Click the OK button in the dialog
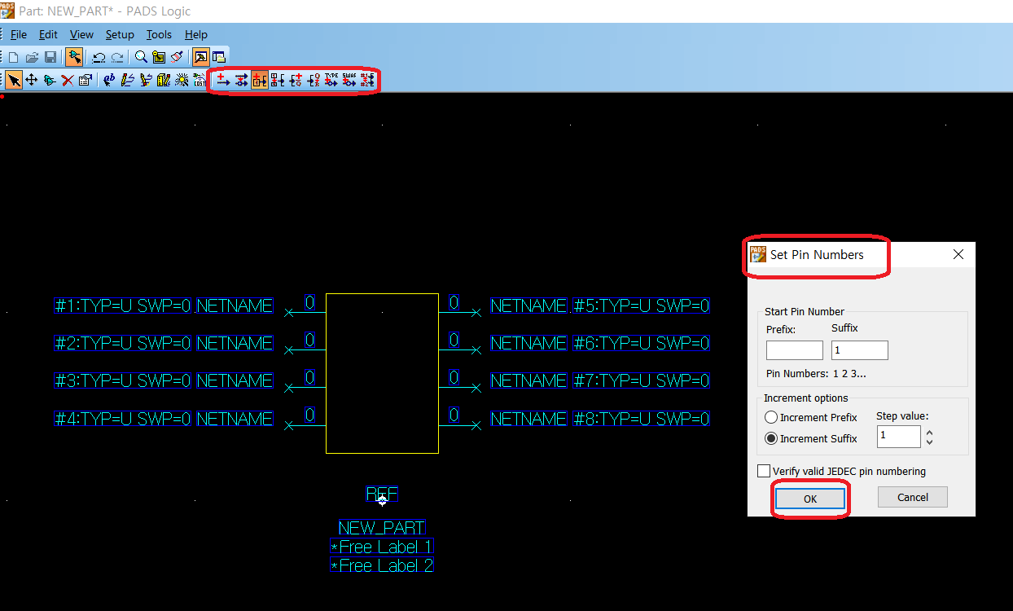tap(809, 499)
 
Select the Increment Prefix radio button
tap(771, 417)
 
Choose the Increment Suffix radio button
tap(771, 438)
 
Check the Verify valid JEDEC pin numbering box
tap(764, 471)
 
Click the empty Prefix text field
tap(794, 350)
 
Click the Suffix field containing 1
tap(859, 350)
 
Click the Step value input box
tap(898, 437)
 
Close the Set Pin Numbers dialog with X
tap(958, 254)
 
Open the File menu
tap(19, 34)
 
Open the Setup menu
tap(120, 34)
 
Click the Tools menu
tap(159, 34)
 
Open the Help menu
tap(196, 34)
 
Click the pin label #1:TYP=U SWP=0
tap(122, 306)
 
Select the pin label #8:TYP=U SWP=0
tap(641, 419)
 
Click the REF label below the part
tap(382, 494)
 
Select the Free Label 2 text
tap(382, 565)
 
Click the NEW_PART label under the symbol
tap(382, 528)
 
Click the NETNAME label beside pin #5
tap(528, 306)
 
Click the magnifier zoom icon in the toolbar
tap(141, 57)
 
